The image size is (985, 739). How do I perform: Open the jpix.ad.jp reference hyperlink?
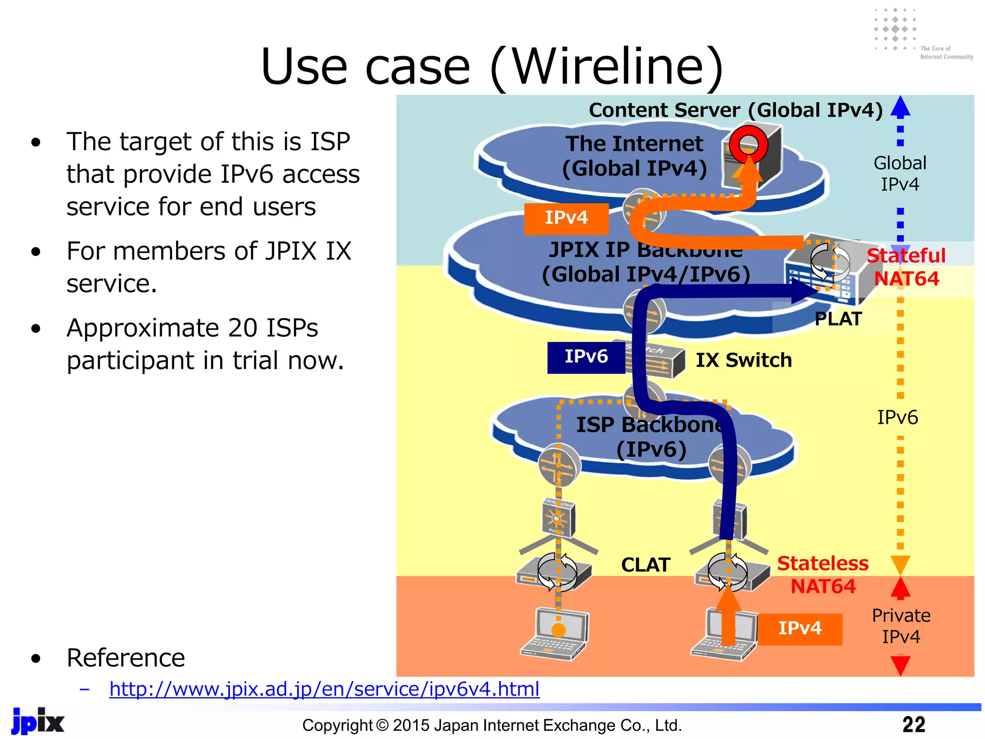pos(324,689)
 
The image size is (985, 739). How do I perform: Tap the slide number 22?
pos(913,725)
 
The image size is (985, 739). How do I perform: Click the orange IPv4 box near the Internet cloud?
pos(566,218)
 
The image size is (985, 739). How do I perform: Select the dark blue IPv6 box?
pos(586,357)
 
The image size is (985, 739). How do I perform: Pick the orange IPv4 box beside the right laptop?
pos(800,628)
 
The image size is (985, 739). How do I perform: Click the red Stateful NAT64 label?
pos(906,267)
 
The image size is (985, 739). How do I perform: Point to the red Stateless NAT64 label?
pos(823,574)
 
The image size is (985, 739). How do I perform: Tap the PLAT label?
pos(838,319)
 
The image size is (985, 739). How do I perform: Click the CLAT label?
pos(645,565)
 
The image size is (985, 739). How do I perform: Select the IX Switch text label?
pos(744,360)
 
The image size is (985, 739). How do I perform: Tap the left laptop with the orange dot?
pos(556,634)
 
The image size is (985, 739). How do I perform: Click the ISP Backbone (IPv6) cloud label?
pos(651,437)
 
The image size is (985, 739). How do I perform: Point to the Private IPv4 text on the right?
pos(901,626)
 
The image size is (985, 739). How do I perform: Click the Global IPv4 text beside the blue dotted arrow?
pos(899,174)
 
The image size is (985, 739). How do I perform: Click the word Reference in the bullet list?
pos(126,658)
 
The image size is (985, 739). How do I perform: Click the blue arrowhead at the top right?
pos(900,107)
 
